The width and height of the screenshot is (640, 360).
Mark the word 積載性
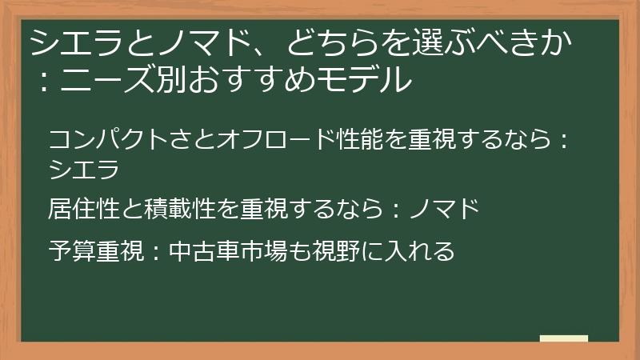181,210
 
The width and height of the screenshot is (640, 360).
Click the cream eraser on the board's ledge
564,338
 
